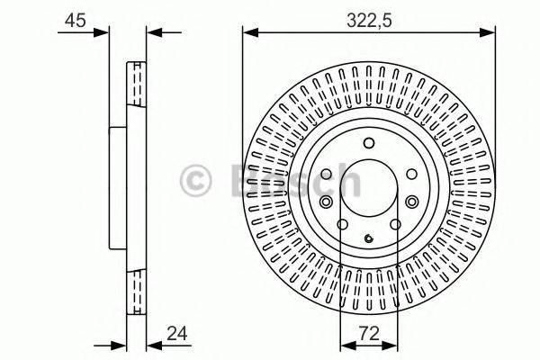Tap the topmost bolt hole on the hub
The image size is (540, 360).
click(369, 142)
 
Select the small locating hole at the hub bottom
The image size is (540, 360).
click(369, 238)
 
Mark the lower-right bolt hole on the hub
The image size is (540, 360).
click(395, 226)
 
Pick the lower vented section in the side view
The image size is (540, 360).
click(137, 288)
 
